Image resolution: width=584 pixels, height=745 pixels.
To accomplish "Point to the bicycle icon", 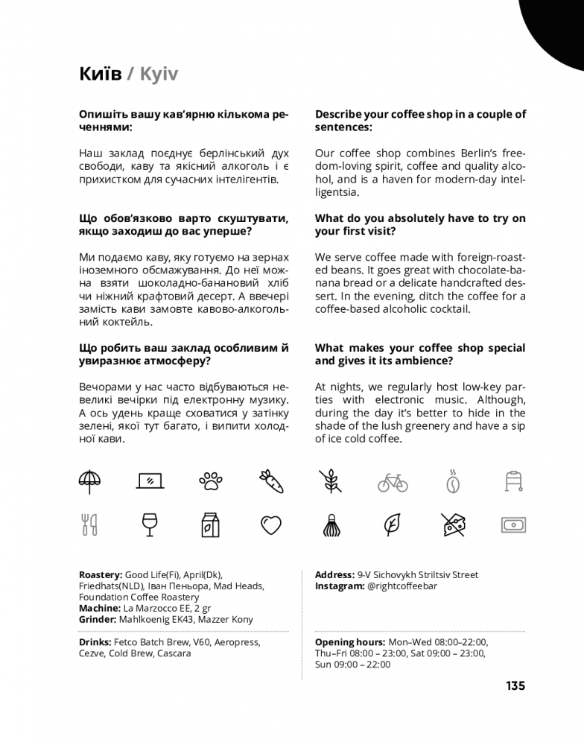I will point(393,482).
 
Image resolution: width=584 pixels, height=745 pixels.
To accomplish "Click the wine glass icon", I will point(150,525).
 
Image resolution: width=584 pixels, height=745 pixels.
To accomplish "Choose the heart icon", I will point(271,525).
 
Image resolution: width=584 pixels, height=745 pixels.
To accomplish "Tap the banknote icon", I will point(513,525).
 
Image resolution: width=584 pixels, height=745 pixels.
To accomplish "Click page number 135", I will point(515,685).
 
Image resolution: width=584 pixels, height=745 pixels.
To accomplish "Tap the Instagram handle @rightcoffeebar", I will point(401,586).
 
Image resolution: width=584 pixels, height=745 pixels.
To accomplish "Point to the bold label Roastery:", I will point(100,575).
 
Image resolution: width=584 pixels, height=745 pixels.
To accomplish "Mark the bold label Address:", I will point(334,575).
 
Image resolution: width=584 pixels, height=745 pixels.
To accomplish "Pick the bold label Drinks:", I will point(95,642).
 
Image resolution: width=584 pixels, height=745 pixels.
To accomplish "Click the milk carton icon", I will point(212,525).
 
